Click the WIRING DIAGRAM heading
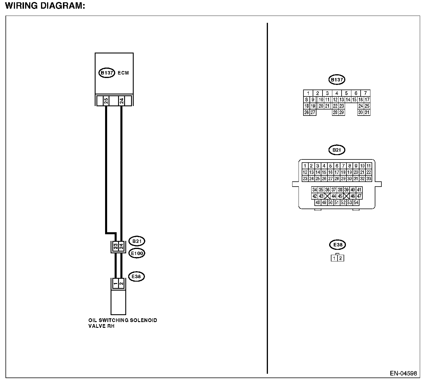click(x=45, y=6)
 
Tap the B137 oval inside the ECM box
click(x=107, y=73)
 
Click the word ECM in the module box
click(x=123, y=73)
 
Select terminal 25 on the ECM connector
click(x=106, y=101)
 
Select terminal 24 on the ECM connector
click(x=122, y=101)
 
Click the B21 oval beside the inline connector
click(x=137, y=241)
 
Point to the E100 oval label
click(x=137, y=253)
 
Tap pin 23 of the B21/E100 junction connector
click(x=115, y=247)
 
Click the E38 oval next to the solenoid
click(x=136, y=276)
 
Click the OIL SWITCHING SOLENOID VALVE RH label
click(x=123, y=323)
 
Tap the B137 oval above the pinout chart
click(x=337, y=80)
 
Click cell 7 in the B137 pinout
click(x=366, y=93)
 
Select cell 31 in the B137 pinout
click(x=367, y=112)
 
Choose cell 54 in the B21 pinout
click(x=356, y=202)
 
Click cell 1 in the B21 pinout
click(x=305, y=166)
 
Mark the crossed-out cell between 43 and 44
click(x=327, y=196)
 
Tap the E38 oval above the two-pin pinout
click(x=338, y=245)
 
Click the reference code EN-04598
click(x=403, y=373)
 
